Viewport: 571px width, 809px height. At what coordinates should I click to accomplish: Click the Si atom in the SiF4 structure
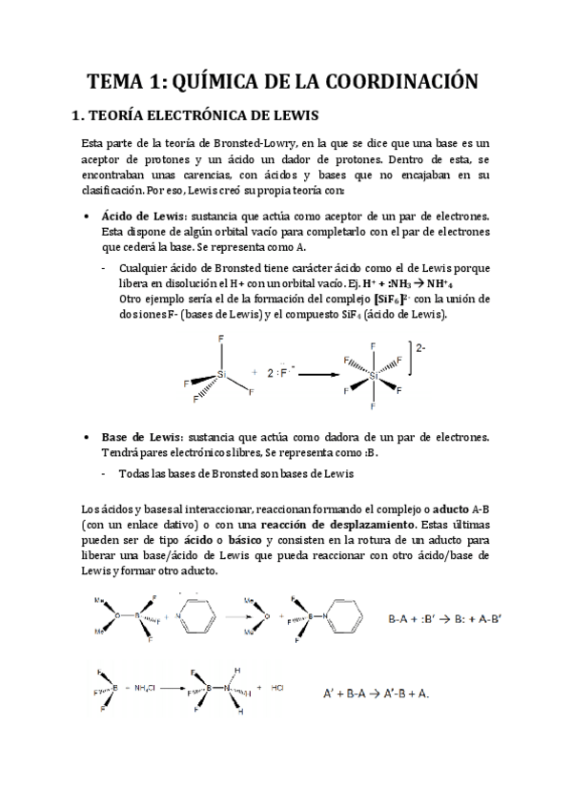(222, 375)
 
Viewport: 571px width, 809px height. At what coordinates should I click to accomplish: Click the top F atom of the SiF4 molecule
(221, 340)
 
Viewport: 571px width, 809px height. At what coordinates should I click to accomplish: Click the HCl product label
(277, 687)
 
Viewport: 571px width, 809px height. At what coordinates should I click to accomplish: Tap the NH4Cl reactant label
(147, 687)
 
